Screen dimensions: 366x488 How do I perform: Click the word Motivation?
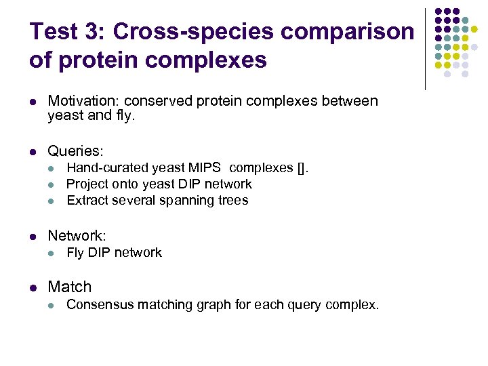[x=84, y=101]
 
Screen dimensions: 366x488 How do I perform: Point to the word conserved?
[x=160, y=101]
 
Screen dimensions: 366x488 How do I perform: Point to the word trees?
[x=233, y=200]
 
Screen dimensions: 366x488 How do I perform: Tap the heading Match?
[x=69, y=287]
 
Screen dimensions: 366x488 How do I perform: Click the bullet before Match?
[x=33, y=287]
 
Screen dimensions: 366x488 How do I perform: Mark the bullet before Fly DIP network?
[x=52, y=253]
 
